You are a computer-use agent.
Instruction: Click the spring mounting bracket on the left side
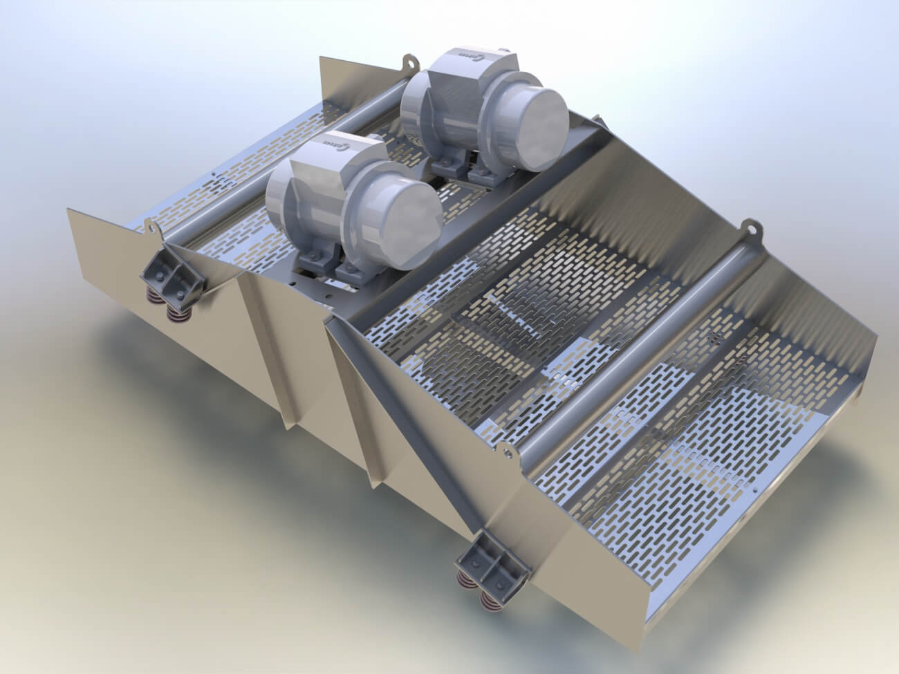point(170,279)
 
